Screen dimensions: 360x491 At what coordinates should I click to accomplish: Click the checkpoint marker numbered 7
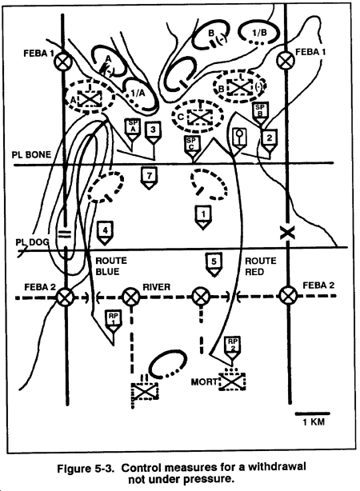point(149,178)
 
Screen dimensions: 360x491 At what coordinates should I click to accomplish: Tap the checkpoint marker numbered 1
point(203,218)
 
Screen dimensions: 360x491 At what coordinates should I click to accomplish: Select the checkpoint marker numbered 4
point(105,233)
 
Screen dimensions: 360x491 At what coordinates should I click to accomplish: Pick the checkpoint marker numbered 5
point(214,265)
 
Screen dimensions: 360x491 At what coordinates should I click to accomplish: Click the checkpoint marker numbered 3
point(153,133)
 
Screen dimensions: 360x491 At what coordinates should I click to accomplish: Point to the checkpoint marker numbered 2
point(269,141)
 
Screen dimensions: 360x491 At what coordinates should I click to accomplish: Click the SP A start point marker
point(133,130)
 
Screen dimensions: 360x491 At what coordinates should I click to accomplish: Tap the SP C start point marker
point(191,147)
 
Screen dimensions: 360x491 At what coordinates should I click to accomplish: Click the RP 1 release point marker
point(113,322)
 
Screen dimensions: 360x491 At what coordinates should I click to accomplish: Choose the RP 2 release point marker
point(232,348)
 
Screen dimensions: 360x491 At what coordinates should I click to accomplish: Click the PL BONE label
point(31,154)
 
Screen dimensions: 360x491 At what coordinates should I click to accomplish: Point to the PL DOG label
point(32,242)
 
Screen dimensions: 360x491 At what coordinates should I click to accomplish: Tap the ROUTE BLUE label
point(111,266)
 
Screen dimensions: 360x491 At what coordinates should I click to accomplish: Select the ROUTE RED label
point(260,266)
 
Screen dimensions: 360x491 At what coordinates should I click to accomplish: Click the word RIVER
point(156,287)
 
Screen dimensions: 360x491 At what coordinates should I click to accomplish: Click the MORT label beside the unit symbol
point(204,381)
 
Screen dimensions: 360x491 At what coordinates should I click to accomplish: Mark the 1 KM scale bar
point(312,413)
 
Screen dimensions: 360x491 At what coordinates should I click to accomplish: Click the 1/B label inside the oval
point(259,32)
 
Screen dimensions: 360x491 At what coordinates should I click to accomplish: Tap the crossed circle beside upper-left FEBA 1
point(63,61)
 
